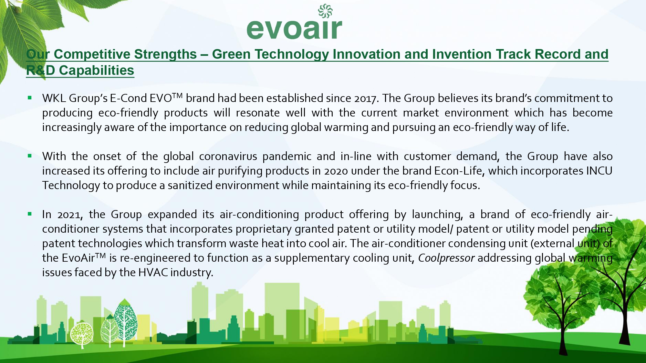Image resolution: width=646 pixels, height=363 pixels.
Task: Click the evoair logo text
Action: (x=294, y=29)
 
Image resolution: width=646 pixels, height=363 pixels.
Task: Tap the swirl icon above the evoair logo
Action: (x=325, y=11)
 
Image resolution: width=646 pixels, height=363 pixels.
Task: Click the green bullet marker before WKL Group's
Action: (x=30, y=97)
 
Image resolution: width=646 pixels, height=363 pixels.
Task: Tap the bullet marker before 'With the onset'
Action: (x=30, y=156)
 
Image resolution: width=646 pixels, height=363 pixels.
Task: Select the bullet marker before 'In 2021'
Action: (x=30, y=214)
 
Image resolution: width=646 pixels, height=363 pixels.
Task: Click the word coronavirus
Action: (x=228, y=156)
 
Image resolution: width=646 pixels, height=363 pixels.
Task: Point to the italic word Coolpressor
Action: (x=446, y=258)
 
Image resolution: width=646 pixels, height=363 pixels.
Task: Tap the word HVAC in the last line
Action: (x=153, y=273)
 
